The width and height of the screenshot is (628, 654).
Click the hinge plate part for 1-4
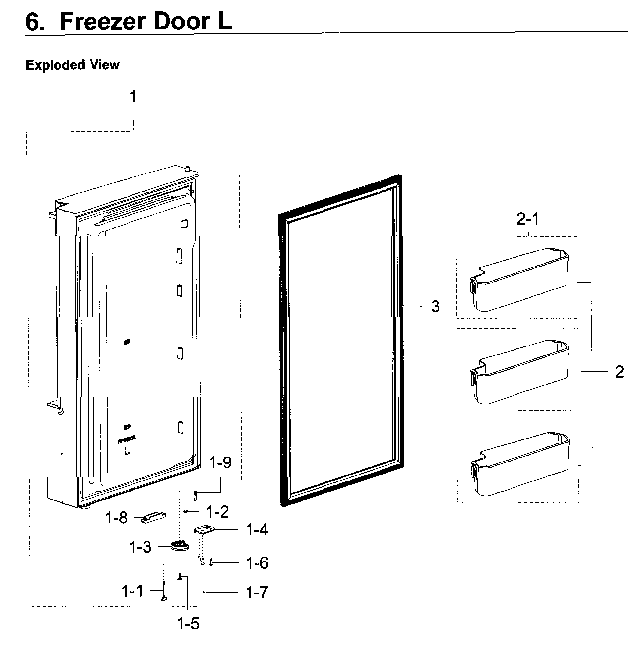[x=205, y=530]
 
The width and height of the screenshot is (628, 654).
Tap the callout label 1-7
[x=257, y=592]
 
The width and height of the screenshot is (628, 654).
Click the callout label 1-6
[x=257, y=563]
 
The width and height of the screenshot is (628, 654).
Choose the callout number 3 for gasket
[x=435, y=306]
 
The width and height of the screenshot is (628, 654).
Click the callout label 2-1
[x=528, y=219]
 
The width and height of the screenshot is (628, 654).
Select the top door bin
[x=519, y=280]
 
